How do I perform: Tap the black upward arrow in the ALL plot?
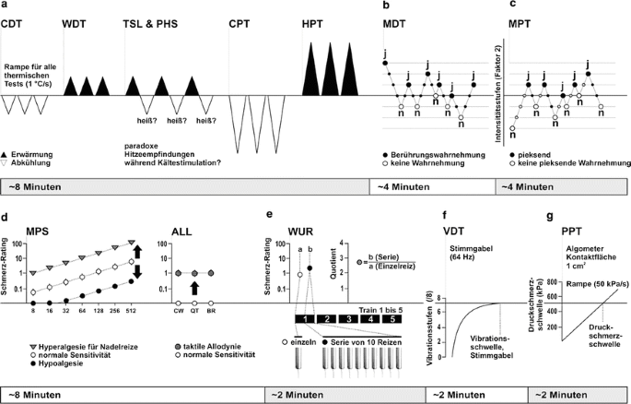tap(195, 290)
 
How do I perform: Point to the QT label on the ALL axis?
tap(195, 312)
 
